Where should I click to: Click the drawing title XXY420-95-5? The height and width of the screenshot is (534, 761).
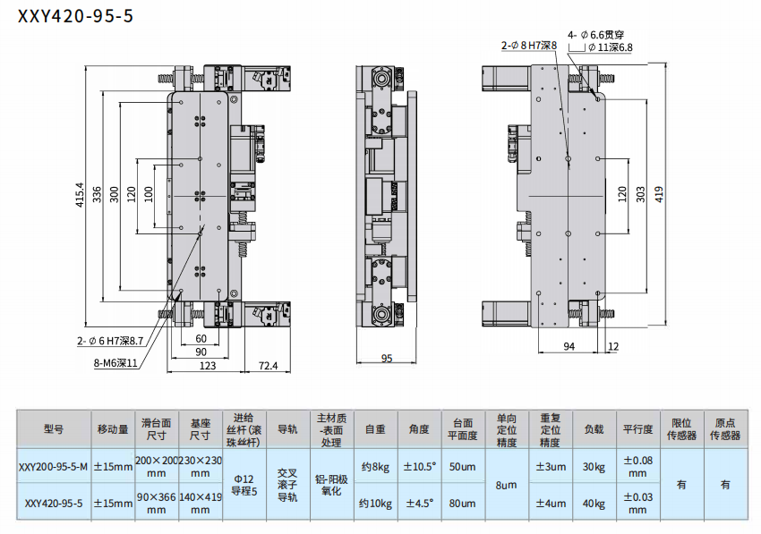pyautogui.click(x=75, y=15)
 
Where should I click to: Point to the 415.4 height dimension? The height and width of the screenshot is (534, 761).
pyautogui.click(x=80, y=194)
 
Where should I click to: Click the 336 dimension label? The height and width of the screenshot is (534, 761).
pyautogui.click(x=97, y=194)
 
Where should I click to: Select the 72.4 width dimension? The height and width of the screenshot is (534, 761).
pyautogui.click(x=268, y=365)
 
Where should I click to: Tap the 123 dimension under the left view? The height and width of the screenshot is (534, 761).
pyautogui.click(x=207, y=365)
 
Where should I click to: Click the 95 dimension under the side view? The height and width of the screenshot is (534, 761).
pyautogui.click(x=387, y=359)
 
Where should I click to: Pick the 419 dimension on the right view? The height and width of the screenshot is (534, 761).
pyautogui.click(x=659, y=194)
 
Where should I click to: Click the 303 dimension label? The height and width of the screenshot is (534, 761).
pyautogui.click(x=641, y=194)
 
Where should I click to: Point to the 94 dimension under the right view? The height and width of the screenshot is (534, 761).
pyautogui.click(x=569, y=346)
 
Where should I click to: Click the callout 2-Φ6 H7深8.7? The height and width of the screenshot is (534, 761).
pyautogui.click(x=110, y=341)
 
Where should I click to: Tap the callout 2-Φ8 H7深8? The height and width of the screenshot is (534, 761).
pyautogui.click(x=529, y=46)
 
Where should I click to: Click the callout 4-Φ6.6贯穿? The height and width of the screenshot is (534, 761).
pyautogui.click(x=596, y=35)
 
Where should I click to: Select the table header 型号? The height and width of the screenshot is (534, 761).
pyautogui.click(x=54, y=429)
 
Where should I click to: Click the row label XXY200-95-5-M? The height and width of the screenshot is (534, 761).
pyautogui.click(x=54, y=467)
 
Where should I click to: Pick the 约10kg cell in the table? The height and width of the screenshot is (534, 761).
pyautogui.click(x=375, y=504)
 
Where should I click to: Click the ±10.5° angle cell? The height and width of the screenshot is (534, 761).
pyautogui.click(x=419, y=467)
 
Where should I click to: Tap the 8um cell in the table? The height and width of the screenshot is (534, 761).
pyautogui.click(x=506, y=485)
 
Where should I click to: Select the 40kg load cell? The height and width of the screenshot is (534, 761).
pyautogui.click(x=594, y=504)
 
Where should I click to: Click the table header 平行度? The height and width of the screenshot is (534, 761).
pyautogui.click(x=637, y=429)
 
